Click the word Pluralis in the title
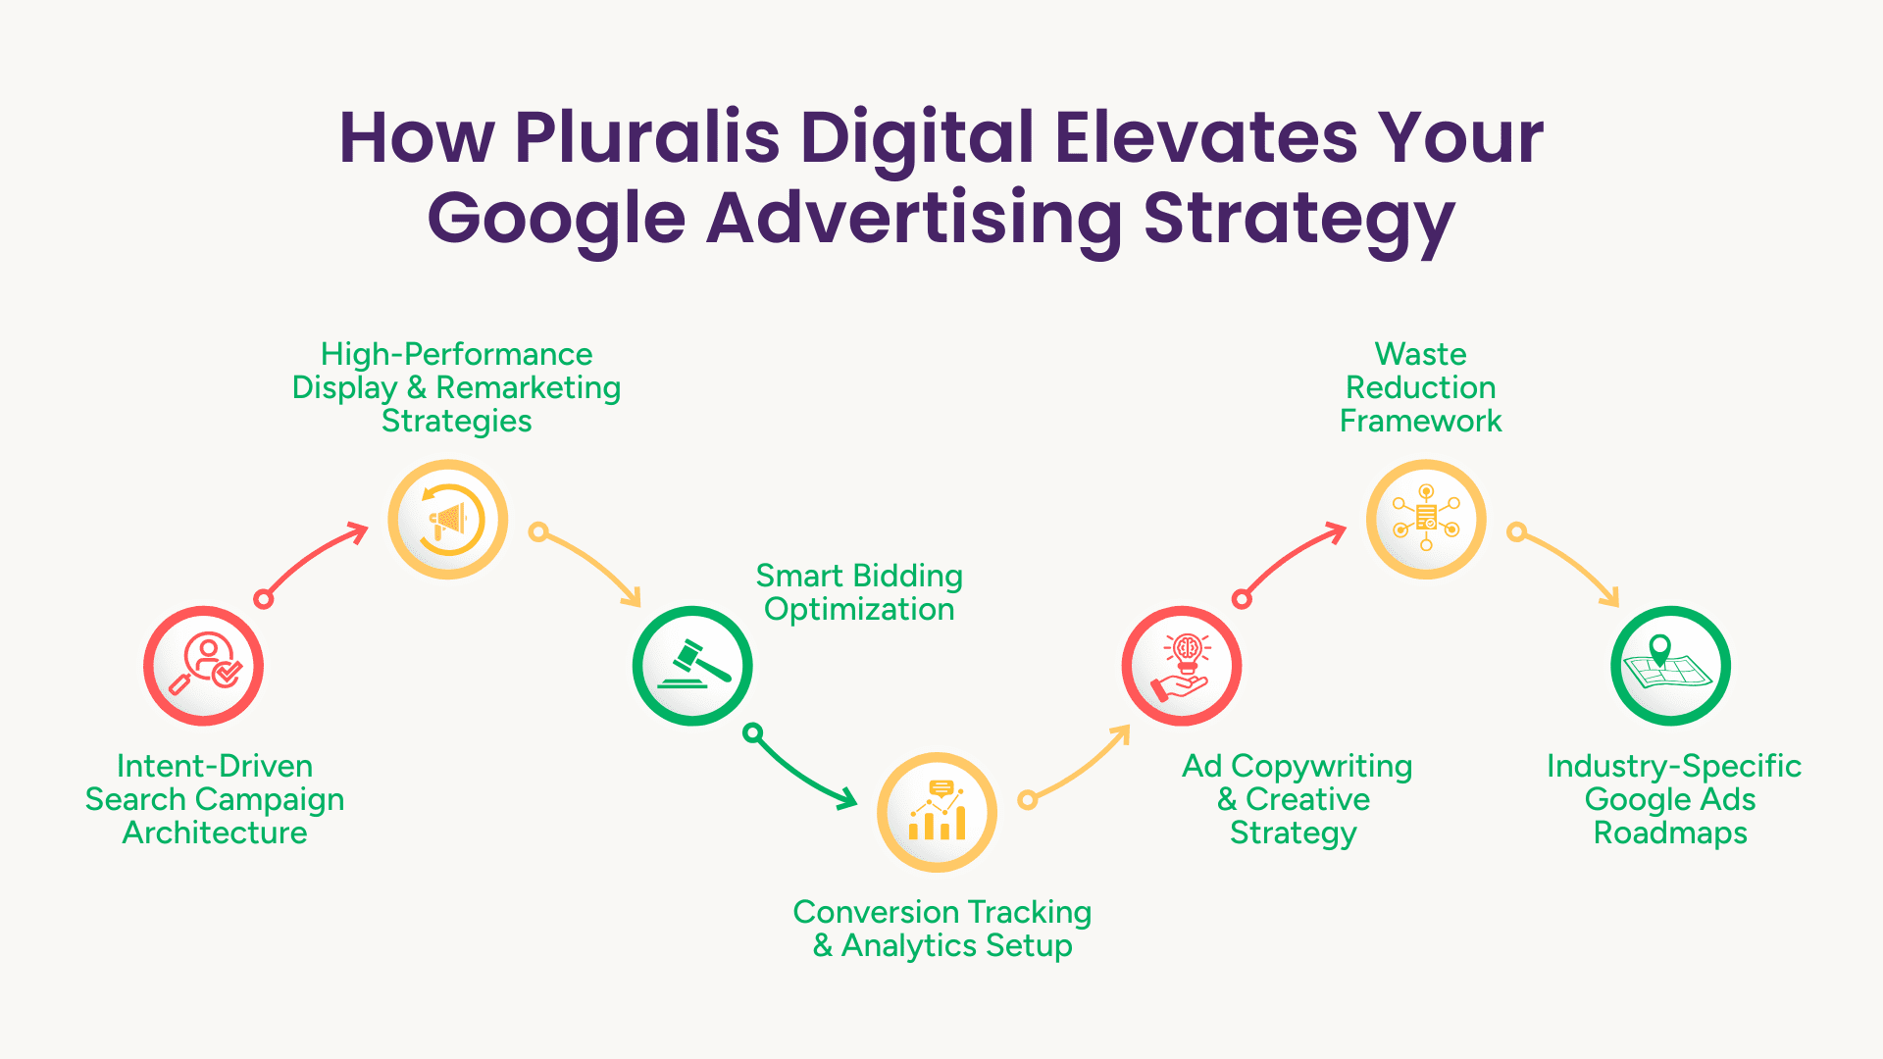[647, 137]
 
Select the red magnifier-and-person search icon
[204, 666]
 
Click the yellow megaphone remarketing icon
[448, 520]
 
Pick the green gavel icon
[692, 666]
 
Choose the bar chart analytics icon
[937, 812]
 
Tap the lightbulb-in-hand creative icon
[1182, 666]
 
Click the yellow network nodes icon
[1426, 520]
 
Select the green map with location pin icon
[1670, 666]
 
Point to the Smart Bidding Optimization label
[859, 592]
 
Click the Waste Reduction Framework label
[1420, 387]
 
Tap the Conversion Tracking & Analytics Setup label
[942, 929]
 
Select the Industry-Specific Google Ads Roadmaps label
[1673, 799]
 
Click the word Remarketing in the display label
[529, 387]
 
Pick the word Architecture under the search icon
[215, 832]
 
